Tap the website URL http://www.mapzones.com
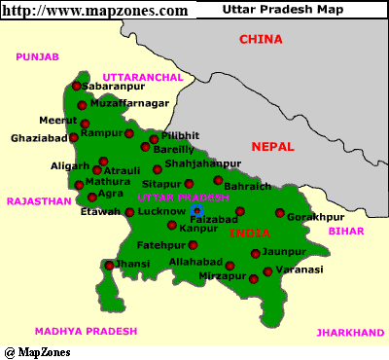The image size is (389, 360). [x=94, y=10]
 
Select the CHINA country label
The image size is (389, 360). [x=262, y=40]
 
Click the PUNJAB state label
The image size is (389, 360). [x=38, y=57]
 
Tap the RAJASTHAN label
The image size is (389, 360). [x=40, y=201]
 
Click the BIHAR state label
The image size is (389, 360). [x=345, y=231]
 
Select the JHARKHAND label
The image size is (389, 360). [x=350, y=332]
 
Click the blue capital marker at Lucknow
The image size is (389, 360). [x=196, y=209]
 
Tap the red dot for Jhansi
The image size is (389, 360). [x=108, y=264]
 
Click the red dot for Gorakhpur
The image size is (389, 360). [x=280, y=214]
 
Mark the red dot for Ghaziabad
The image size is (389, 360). [x=74, y=138]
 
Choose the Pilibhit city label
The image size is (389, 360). [x=180, y=135]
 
